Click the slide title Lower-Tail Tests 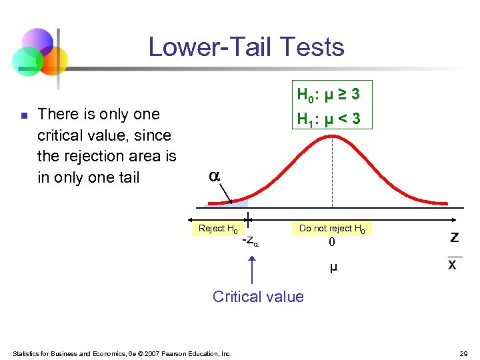246,47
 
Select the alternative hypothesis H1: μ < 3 328,119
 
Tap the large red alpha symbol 214,177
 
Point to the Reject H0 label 218,229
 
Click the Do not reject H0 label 332,228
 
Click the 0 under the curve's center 332,243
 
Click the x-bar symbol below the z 453,263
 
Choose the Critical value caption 258,297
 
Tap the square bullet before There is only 23,115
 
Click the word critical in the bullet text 64,135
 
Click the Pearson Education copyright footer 123,353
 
